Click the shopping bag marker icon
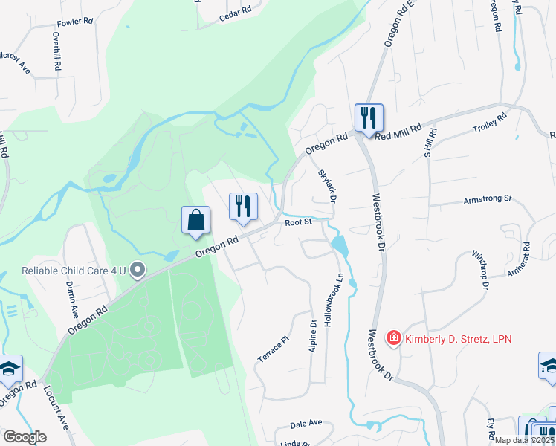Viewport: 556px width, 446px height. (x=196, y=221)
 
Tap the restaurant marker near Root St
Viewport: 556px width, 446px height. (x=243, y=207)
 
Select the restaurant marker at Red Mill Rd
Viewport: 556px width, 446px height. (x=368, y=117)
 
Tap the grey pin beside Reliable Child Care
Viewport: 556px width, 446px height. (x=138, y=271)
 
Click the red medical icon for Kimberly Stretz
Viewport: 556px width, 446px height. (x=393, y=339)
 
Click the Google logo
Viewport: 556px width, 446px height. (x=25, y=437)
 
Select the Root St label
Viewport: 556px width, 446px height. (x=297, y=221)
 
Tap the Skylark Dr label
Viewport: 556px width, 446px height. (x=328, y=186)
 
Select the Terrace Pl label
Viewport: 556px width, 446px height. (x=272, y=348)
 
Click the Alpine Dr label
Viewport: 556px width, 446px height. (x=314, y=336)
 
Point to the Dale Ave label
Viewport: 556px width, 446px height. (x=306, y=424)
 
